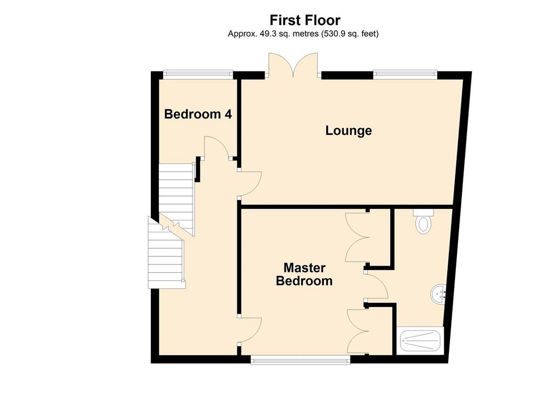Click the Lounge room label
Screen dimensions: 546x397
349,131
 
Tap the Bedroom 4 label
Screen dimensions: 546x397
198,114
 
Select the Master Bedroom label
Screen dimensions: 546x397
304,274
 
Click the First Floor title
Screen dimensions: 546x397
304,20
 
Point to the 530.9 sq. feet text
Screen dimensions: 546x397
349,34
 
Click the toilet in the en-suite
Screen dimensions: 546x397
423,222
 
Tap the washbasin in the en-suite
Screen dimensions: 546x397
439,294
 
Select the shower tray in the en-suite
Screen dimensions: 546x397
421,341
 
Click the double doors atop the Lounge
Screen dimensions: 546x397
293,65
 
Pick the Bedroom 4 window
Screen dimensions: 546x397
198,73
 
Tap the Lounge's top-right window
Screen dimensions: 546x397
405,73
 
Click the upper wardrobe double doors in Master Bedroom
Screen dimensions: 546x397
357,237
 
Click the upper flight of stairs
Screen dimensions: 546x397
176,199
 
